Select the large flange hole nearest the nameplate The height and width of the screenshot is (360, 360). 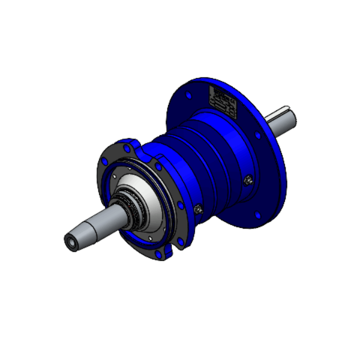[190, 95]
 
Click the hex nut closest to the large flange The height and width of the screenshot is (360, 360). [248, 179]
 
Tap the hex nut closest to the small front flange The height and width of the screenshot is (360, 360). [198, 209]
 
